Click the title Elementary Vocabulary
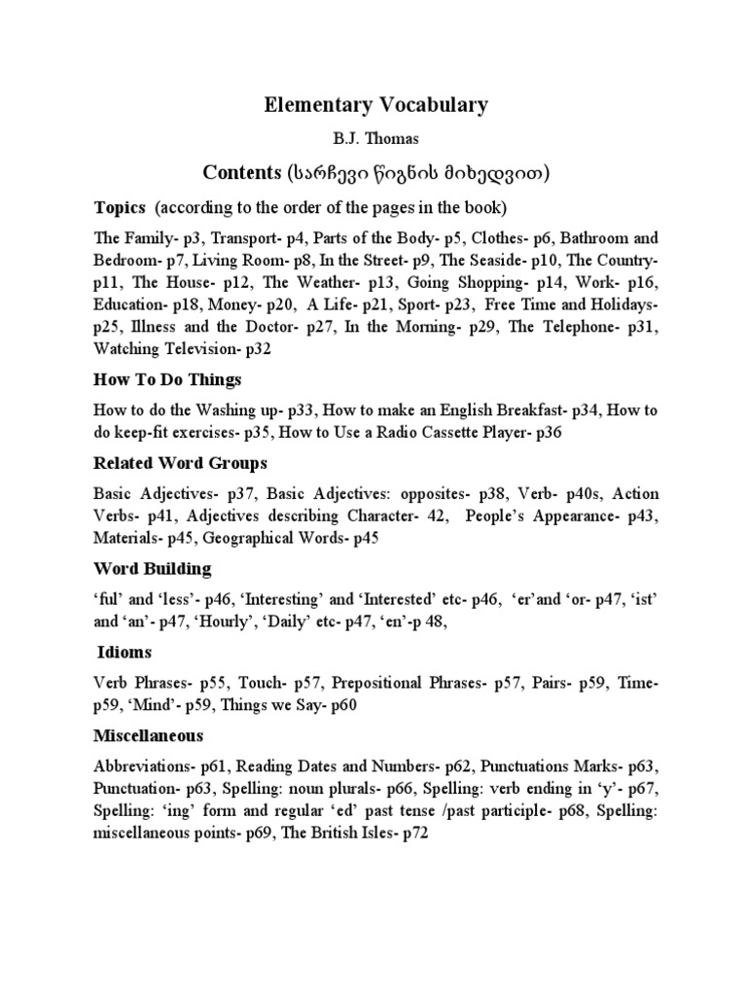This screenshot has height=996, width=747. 375,106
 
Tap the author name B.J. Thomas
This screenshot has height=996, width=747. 374,140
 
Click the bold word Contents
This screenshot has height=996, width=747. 241,173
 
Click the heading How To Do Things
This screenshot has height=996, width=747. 167,378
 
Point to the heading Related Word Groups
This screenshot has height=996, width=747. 180,463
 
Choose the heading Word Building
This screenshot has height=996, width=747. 152,568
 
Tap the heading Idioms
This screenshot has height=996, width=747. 124,652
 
